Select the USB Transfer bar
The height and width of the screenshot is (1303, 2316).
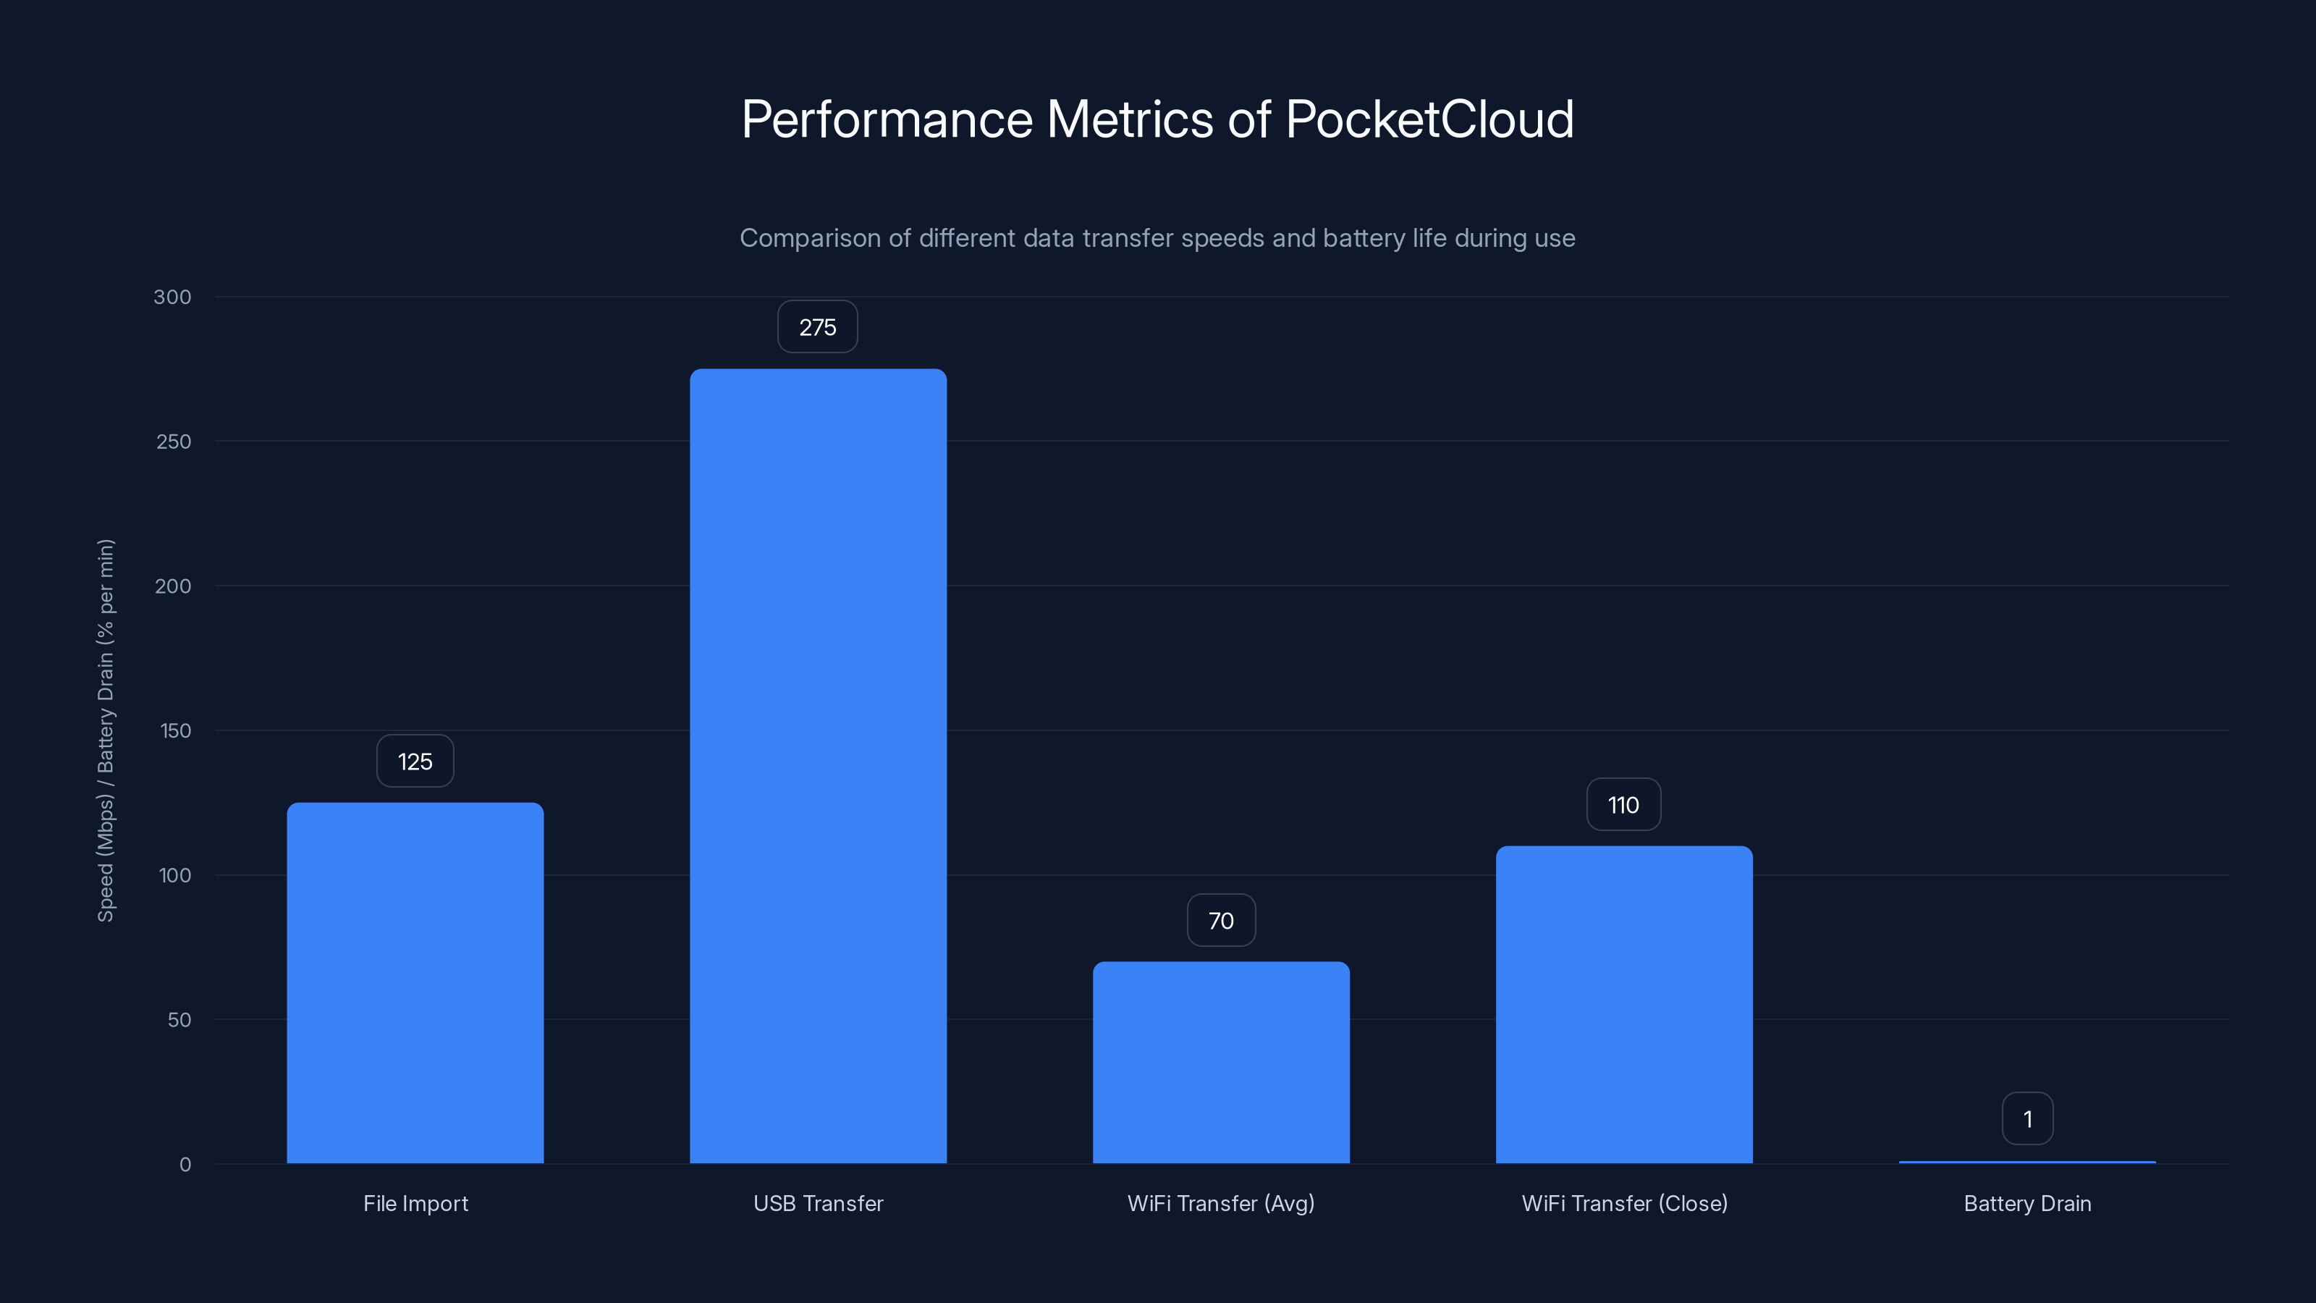(817, 766)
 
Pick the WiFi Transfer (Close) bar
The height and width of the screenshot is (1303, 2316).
(1623, 1005)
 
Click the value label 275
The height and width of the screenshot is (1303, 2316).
(817, 327)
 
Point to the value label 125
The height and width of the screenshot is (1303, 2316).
(415, 762)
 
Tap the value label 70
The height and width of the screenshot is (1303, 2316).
(1220, 921)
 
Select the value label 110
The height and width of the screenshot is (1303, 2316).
(1623, 805)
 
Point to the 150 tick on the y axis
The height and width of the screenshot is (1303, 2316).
(174, 731)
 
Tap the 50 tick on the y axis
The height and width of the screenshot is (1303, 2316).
(178, 1020)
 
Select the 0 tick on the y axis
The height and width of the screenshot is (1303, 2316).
(185, 1165)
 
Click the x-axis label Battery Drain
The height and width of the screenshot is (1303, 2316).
(2026, 1203)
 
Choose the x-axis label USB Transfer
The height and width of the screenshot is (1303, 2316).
(817, 1203)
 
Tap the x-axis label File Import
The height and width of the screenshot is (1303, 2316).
(415, 1203)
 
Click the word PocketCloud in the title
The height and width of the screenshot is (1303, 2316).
(1429, 119)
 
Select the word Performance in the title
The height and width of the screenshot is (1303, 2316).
(887, 119)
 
